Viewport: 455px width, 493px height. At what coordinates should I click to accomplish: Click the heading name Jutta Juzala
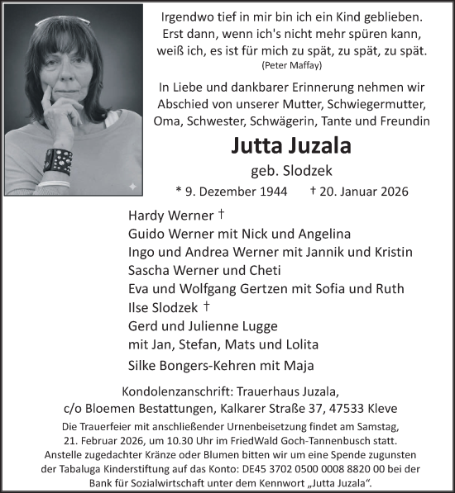click(293, 147)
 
